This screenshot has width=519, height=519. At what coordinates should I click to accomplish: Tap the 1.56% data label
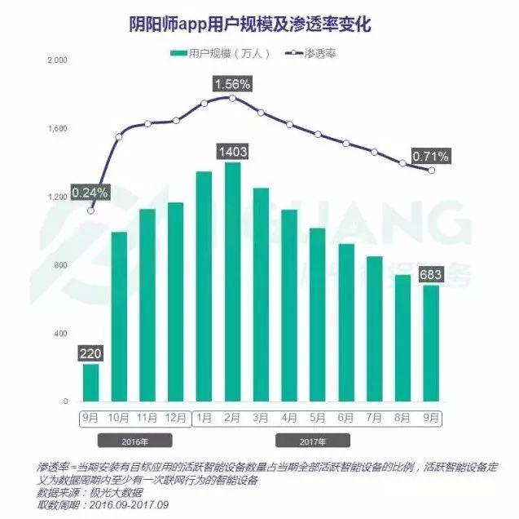(232, 83)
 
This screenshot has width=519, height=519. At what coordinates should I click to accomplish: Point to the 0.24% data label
(90, 193)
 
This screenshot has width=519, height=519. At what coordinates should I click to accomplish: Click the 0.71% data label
(430, 157)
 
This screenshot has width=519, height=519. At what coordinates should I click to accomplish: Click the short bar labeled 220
(90, 383)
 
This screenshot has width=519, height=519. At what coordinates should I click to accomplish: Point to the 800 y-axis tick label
(60, 266)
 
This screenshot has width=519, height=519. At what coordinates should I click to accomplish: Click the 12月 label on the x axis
(176, 417)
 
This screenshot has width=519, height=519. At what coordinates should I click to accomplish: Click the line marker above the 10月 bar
(119, 136)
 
